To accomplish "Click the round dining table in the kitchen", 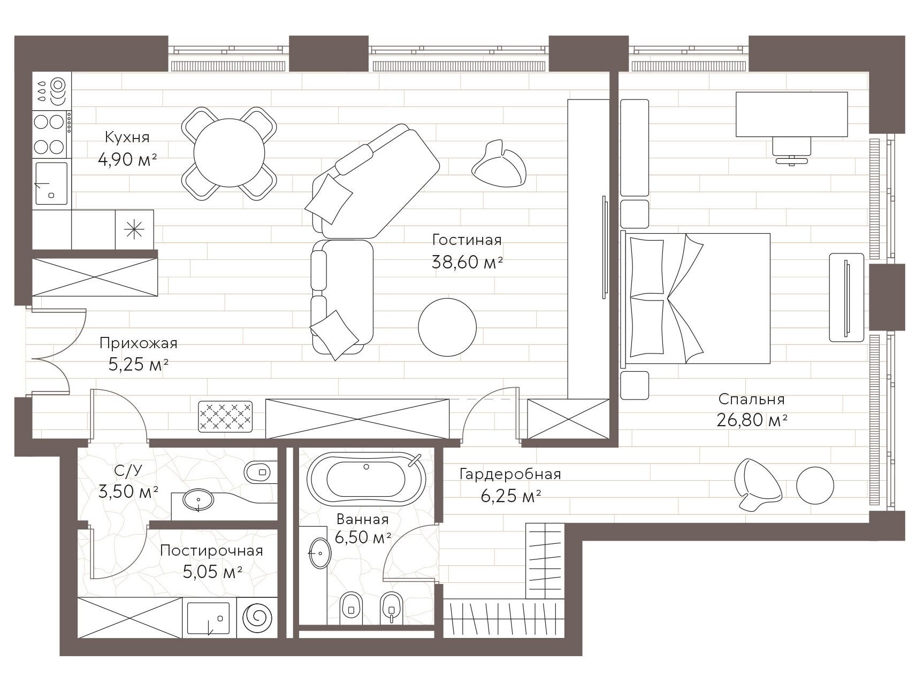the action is [229, 152].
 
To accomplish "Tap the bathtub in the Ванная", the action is [367, 479].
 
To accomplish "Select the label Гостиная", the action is [467, 240].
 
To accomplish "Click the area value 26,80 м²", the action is [752, 420].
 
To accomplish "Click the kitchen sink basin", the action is [51, 183].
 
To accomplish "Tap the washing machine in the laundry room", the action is [257, 617].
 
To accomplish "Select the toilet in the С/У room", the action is [259, 472].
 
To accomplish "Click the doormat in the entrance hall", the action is [225, 417].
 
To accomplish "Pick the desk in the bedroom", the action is [791, 114].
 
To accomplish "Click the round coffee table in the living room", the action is [447, 327].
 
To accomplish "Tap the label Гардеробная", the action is [510, 474].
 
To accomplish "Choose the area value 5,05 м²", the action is [213, 572].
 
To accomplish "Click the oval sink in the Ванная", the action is [320, 553].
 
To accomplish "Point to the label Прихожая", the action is [138, 343].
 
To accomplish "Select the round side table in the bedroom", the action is [815, 486].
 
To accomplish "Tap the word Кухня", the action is [127, 137].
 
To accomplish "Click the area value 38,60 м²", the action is [467, 262].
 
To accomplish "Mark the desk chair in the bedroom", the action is [792, 150].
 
